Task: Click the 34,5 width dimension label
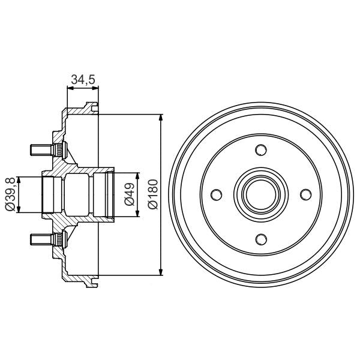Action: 83,80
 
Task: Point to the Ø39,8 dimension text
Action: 10,194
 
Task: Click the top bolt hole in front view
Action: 261,150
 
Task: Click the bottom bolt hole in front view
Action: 261,239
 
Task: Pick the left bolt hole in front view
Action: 217,194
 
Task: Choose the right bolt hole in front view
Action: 305,194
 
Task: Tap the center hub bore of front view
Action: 261,194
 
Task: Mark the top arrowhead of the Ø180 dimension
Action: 161,117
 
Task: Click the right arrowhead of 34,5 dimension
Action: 95,89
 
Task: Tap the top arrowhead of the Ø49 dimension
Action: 138,177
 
